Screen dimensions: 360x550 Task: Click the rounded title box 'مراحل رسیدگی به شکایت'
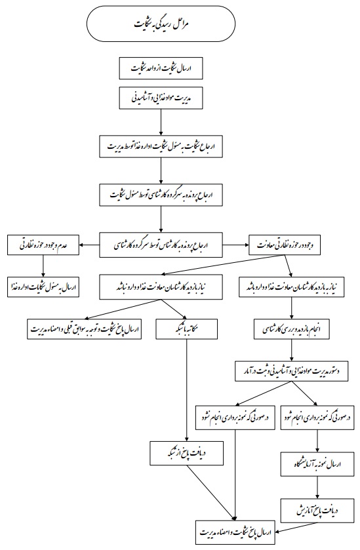(161, 24)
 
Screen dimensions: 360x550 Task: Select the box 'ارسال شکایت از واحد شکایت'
(161, 68)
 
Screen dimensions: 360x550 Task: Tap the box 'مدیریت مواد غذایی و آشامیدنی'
(161, 98)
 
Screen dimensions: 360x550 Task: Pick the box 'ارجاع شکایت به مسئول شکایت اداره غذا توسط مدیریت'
(161, 146)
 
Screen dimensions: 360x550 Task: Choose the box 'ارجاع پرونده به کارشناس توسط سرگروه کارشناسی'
(161, 245)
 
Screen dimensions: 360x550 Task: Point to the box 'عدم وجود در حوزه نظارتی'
(43, 245)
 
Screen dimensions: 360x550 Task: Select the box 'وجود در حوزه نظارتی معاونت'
(285, 245)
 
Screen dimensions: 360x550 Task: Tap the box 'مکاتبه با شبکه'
(187, 329)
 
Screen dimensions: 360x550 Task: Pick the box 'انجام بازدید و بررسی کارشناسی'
(292, 329)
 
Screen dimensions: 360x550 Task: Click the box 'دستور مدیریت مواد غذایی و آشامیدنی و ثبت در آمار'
(292, 371)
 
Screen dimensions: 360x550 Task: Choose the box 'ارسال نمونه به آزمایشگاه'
(317, 463)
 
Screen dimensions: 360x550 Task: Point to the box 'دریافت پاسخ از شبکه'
(187, 453)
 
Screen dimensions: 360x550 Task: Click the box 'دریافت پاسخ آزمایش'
(317, 511)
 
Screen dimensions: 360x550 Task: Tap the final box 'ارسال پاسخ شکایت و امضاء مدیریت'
(236, 532)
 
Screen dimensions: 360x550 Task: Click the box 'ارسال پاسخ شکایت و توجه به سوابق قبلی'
(84, 329)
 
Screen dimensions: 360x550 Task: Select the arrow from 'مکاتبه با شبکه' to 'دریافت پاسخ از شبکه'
(187, 390)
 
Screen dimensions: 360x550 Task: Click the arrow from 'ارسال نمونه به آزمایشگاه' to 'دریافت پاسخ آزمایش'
(317, 487)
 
